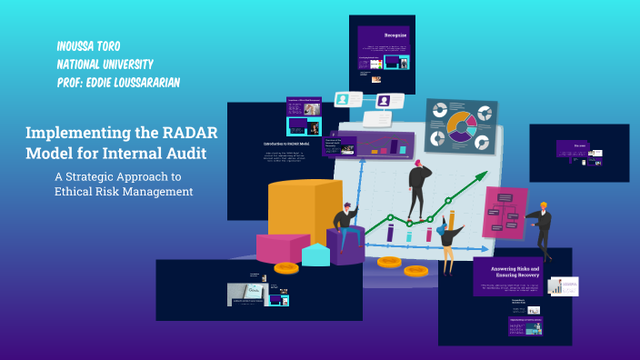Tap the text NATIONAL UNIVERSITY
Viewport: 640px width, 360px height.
(105, 65)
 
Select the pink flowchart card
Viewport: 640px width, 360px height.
(505, 213)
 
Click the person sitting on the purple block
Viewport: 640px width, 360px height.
(345, 223)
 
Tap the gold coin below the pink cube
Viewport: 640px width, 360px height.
(286, 268)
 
